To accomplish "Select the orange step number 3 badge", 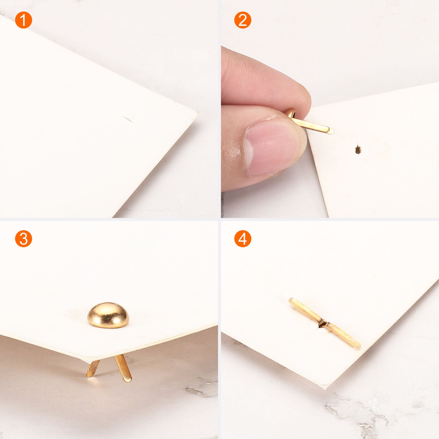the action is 24,239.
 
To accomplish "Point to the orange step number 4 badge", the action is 243,239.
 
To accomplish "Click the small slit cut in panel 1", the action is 128,119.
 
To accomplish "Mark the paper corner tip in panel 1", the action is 198,112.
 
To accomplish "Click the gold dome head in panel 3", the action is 108,314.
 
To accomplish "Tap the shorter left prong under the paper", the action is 93,368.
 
